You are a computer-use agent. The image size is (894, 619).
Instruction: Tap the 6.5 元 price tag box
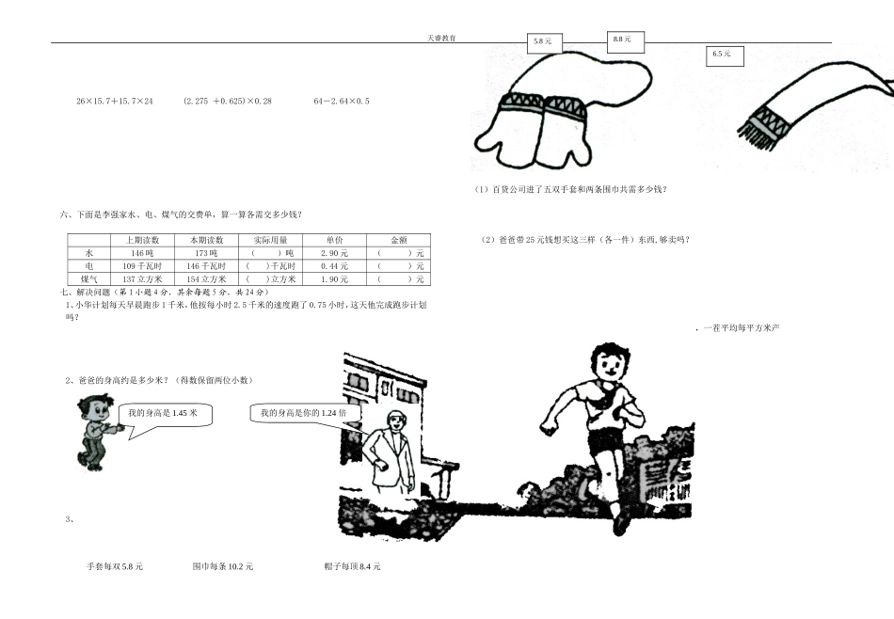pyautogui.click(x=724, y=56)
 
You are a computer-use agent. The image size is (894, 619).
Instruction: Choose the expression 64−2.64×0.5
pyautogui.click(x=342, y=101)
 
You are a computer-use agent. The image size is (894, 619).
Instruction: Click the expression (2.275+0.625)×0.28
pyautogui.click(x=228, y=101)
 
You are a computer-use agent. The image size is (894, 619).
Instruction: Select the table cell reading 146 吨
pyautogui.click(x=142, y=254)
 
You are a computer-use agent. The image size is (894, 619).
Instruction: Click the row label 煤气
pyautogui.click(x=89, y=279)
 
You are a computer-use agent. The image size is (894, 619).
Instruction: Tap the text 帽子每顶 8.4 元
pyautogui.click(x=352, y=566)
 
